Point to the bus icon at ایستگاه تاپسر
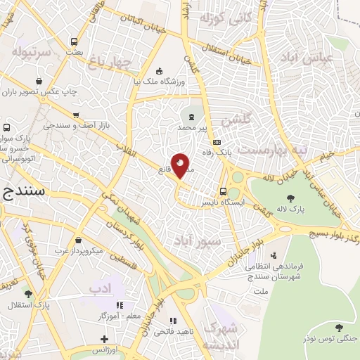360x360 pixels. [223, 191]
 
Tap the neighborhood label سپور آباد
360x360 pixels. [200, 241]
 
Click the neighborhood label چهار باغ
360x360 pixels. [110, 64]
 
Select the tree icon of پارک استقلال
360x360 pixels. [28, 295]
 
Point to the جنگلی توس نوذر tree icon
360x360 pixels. [340, 328]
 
